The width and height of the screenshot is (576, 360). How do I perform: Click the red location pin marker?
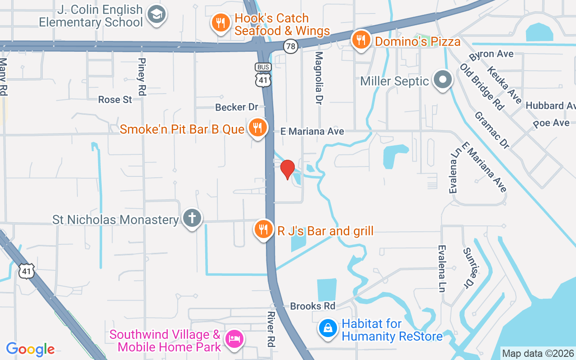click(288, 169)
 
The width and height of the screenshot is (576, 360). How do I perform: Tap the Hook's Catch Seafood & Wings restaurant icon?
click(220, 23)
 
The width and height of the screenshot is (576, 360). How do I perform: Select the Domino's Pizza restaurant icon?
click(361, 40)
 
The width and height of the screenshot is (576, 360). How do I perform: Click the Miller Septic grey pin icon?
click(443, 80)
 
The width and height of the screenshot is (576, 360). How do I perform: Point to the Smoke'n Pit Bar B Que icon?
click(257, 128)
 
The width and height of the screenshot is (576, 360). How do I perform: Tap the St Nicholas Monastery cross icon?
click(192, 219)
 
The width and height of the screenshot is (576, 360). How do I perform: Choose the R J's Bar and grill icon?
click(263, 229)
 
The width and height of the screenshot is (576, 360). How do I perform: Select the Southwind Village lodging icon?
click(234, 339)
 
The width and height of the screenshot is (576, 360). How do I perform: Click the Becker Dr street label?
click(237, 107)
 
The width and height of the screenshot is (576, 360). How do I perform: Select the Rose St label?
click(115, 99)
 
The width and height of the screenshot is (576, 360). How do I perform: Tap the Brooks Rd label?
click(313, 306)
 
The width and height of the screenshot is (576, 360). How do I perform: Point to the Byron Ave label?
click(491, 54)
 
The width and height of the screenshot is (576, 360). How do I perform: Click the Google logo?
click(30, 349)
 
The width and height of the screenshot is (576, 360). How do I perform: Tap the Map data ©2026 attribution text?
click(538, 353)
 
